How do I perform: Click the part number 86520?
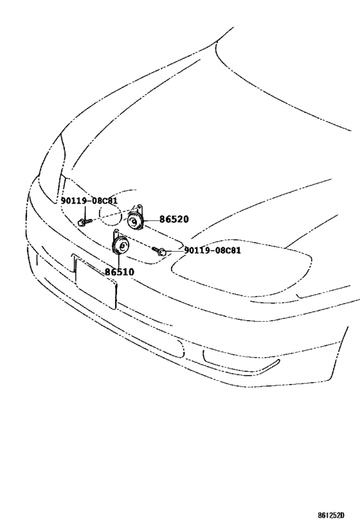tap(174, 220)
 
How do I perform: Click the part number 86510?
tap(119, 272)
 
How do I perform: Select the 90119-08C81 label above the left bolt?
tap(89, 201)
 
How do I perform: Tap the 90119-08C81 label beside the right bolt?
tap(213, 250)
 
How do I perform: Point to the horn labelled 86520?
tap(135, 221)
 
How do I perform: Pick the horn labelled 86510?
tap(120, 245)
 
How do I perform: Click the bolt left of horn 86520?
tap(84, 222)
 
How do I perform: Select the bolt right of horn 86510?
tap(159, 250)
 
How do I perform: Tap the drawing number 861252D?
tap(332, 515)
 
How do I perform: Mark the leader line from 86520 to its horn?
tap(151, 220)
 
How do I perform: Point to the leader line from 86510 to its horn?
tap(119, 261)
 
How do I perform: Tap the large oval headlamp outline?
tap(242, 268)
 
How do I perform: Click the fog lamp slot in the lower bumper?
tap(241, 362)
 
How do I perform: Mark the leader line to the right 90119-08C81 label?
tap(175, 251)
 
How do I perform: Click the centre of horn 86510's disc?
tap(123, 246)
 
